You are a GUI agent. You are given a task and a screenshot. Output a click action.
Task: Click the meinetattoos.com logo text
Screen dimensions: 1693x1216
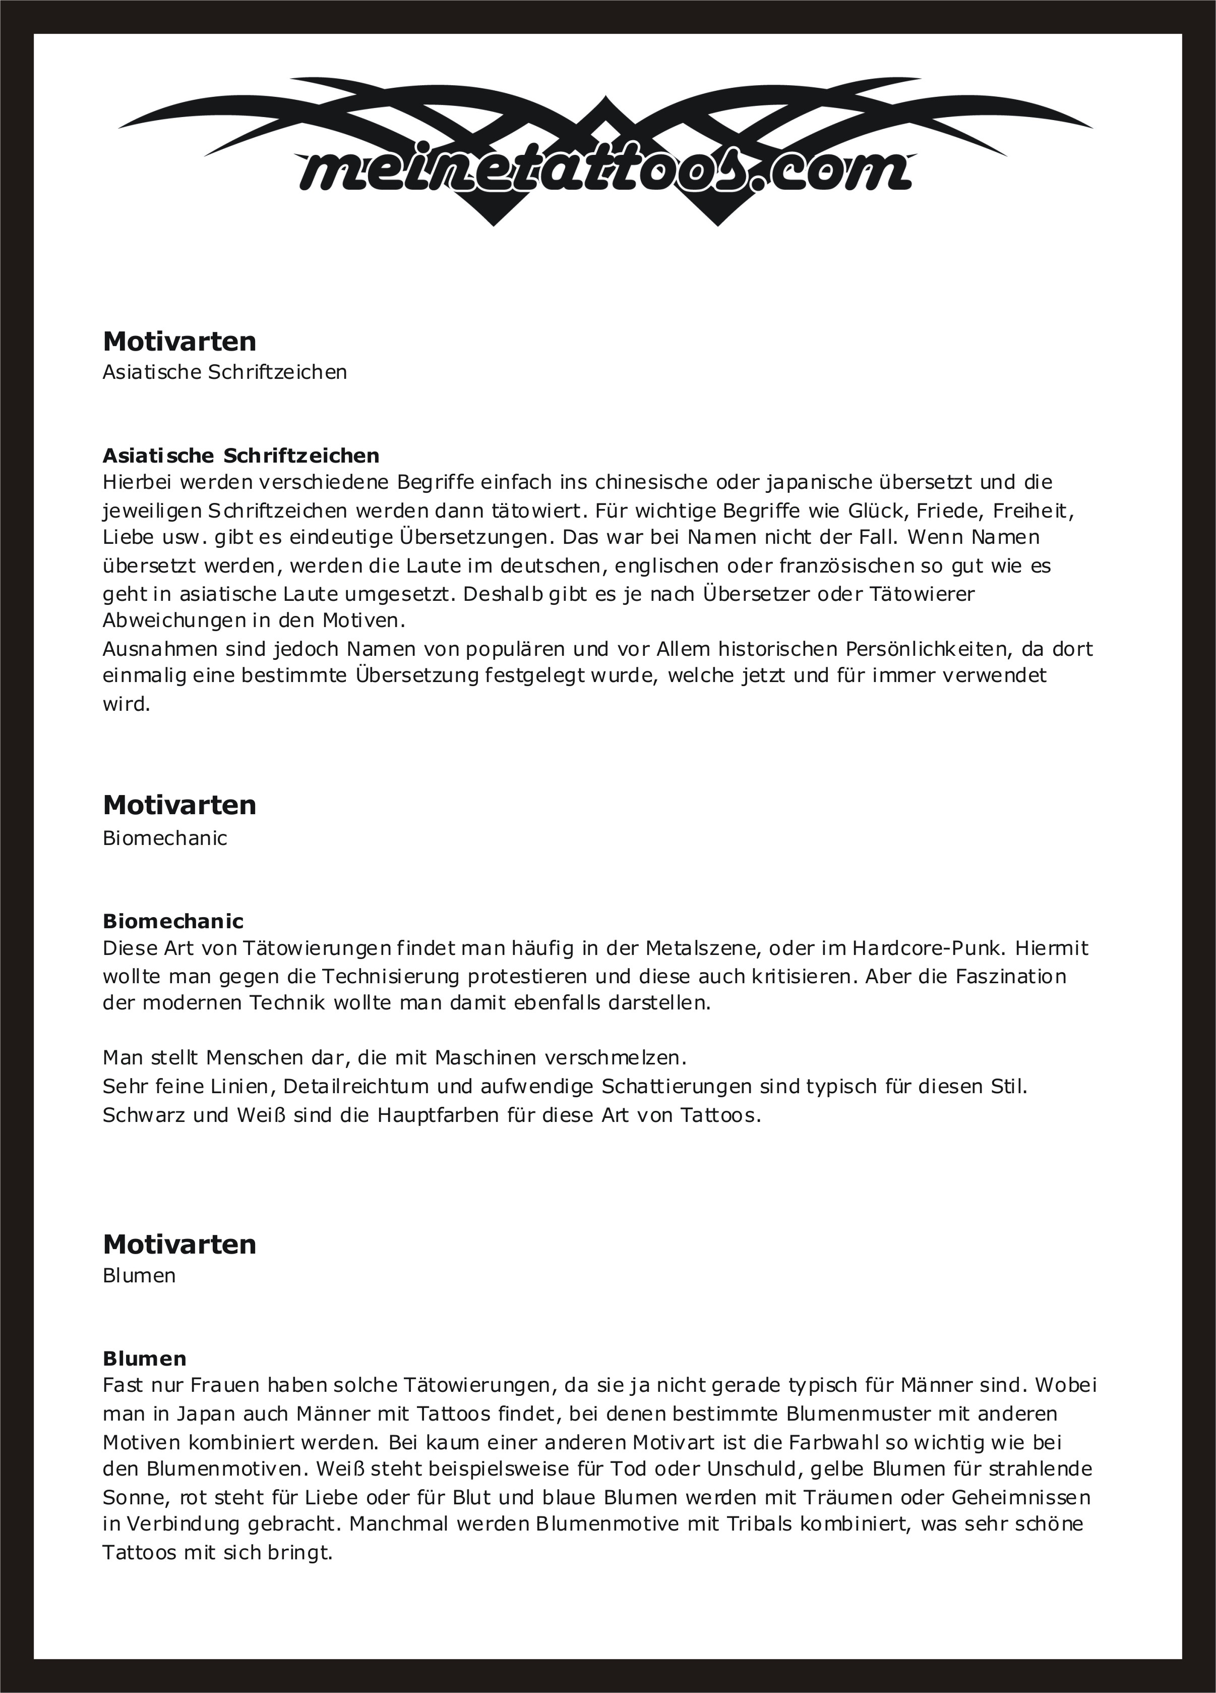pyautogui.click(x=604, y=170)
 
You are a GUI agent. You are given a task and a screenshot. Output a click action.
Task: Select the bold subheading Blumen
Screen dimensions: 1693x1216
pyautogui.click(x=145, y=1358)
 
